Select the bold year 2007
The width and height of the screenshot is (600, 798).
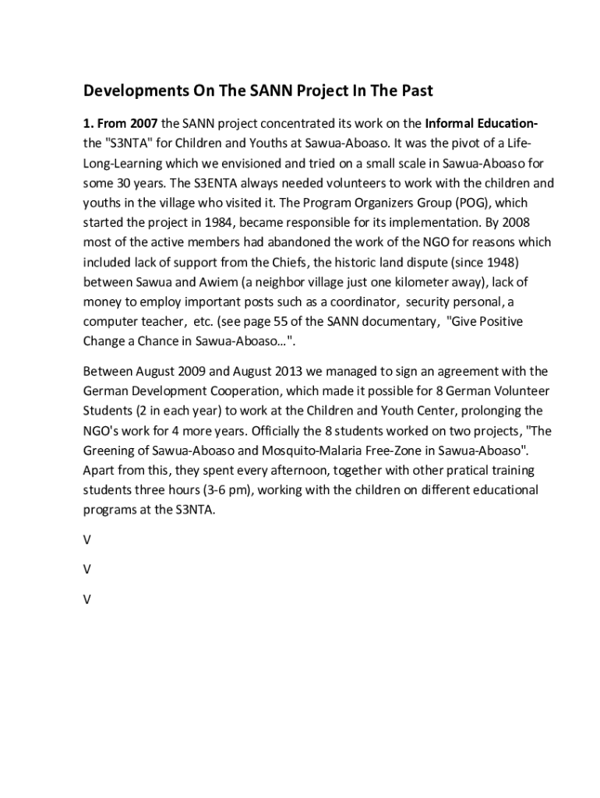pyautogui.click(x=144, y=124)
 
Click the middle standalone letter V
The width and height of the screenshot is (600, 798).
pyautogui.click(x=87, y=570)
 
